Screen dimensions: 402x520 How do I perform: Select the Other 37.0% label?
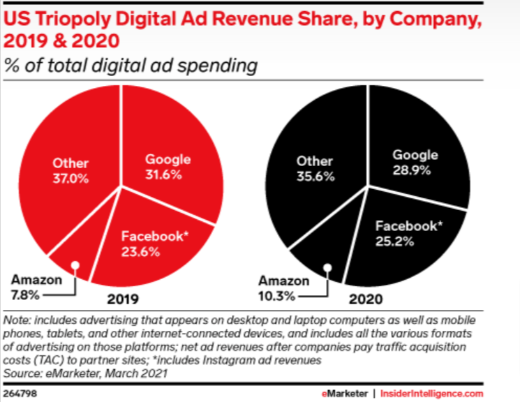tap(70, 171)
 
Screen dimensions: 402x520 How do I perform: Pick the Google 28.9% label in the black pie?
tap(415, 162)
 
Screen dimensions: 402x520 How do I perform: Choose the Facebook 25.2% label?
tap(406, 234)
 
